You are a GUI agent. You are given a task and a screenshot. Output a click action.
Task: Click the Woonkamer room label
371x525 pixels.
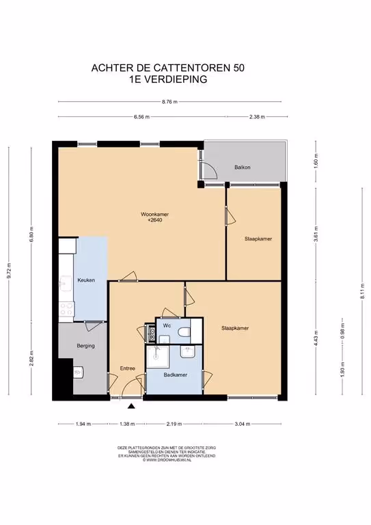[154, 214]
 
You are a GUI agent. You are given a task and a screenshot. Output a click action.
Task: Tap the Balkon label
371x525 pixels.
[242, 167]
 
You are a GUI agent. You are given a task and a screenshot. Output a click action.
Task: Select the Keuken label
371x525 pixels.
[86, 280]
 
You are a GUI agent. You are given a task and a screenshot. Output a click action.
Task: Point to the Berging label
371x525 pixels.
[85, 345]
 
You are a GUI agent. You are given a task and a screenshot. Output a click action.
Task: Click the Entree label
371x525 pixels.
[128, 368]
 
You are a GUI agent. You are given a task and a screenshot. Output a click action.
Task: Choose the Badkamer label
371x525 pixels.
[176, 375]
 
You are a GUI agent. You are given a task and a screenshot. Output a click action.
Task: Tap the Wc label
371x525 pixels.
[167, 325]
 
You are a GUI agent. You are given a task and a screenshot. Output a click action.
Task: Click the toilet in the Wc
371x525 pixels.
[184, 332]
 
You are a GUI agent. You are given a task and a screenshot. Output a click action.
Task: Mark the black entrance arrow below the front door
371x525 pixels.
[131, 406]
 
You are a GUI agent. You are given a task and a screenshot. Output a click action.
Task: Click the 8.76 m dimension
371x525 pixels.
[169, 102]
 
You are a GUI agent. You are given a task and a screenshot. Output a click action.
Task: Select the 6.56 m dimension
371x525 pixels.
[142, 117]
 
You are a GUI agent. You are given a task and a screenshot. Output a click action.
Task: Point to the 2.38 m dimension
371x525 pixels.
[257, 117]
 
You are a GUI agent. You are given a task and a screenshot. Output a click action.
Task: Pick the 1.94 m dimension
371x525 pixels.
[83, 424]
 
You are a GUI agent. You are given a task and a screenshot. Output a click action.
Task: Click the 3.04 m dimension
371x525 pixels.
[243, 424]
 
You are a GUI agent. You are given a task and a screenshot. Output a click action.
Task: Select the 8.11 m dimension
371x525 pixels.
[363, 291]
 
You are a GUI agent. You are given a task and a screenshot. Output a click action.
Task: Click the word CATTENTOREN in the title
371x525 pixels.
[193, 68]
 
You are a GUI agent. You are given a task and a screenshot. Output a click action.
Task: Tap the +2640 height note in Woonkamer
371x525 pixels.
[155, 220]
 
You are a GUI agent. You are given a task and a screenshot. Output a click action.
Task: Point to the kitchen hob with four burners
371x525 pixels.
[66, 309]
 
